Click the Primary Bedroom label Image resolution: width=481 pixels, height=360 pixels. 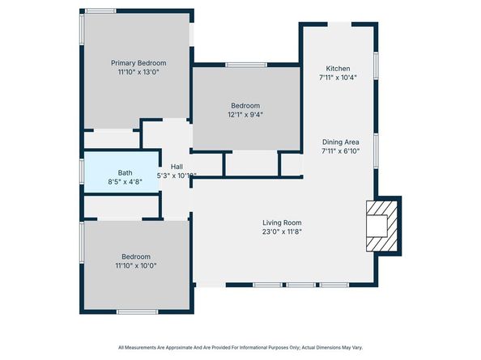click(x=138, y=63)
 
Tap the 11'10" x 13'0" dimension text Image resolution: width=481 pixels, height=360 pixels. click(x=138, y=73)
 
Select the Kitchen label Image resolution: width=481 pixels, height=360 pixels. click(x=338, y=68)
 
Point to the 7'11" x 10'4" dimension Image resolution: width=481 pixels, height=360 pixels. click(x=338, y=78)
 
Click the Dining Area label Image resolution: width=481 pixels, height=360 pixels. click(x=339, y=142)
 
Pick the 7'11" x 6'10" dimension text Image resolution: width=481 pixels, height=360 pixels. click(x=339, y=151)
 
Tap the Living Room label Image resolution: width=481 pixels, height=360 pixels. click(x=282, y=222)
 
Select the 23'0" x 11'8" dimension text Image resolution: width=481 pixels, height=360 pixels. click(x=282, y=232)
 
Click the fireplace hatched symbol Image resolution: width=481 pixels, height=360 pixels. click(x=378, y=229)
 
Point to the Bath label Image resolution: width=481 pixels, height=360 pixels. click(x=125, y=172)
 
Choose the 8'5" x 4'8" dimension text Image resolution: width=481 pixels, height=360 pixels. click(x=125, y=182)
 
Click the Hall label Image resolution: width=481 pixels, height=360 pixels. click(x=176, y=167)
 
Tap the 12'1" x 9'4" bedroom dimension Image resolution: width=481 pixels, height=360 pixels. click(x=245, y=115)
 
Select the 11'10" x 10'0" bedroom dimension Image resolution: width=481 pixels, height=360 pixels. click(x=135, y=265)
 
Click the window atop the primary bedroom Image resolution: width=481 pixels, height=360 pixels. click(x=100, y=10)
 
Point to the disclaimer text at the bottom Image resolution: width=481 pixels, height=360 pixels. click(x=240, y=347)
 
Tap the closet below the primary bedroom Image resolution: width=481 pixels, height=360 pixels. click(x=112, y=139)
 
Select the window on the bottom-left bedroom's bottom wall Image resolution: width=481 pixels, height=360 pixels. click(x=136, y=311)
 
